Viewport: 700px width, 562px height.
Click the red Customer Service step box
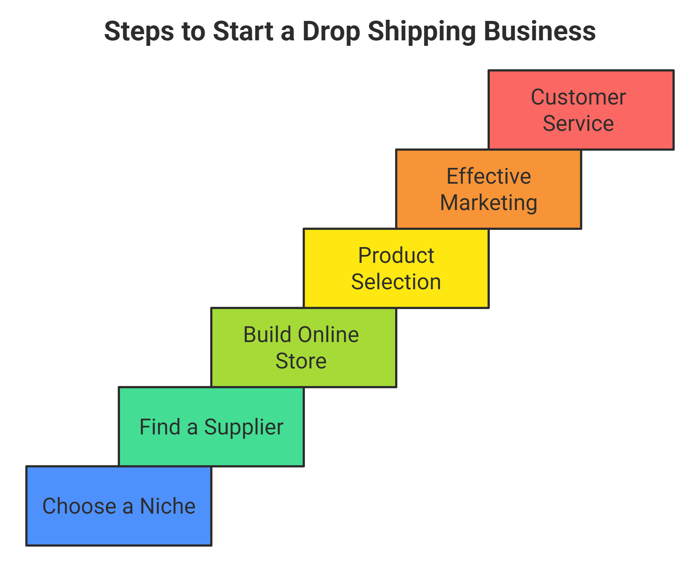(581, 110)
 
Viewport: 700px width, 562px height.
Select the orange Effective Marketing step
(489, 189)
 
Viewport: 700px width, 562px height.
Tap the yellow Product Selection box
(396, 268)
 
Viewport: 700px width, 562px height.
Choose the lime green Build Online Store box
(304, 348)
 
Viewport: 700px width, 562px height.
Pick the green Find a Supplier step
(211, 427)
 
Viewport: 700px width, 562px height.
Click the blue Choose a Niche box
(119, 506)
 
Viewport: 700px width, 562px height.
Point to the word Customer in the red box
(578, 98)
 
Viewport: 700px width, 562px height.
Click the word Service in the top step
(578, 123)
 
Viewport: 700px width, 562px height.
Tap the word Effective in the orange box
(489, 176)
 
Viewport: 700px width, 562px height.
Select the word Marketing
(489, 203)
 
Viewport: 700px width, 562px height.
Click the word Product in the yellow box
(396, 256)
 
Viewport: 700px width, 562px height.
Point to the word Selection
(396, 282)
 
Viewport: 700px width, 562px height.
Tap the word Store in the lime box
(301, 361)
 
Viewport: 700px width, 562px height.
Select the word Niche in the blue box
(168, 506)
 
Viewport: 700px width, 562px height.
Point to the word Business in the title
(540, 32)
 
